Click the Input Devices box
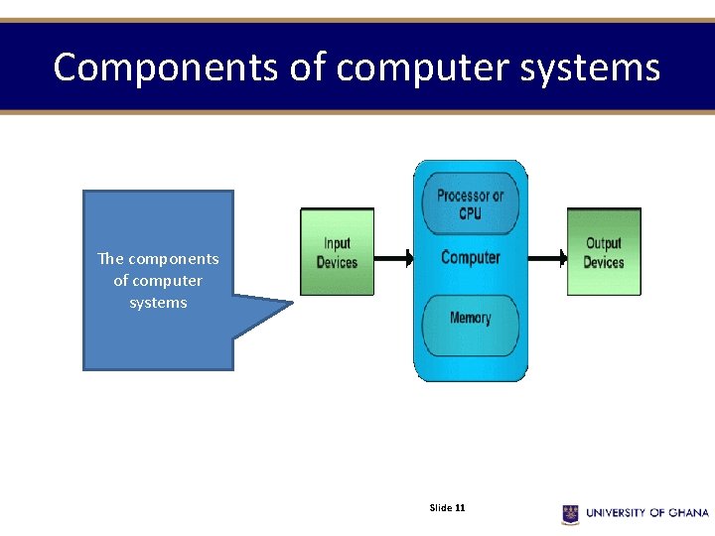point(337,252)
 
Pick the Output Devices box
point(604,252)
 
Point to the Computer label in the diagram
point(470,258)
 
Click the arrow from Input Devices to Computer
point(393,259)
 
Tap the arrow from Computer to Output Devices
point(546,259)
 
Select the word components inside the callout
point(173,259)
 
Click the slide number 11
point(460,508)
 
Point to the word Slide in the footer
point(440,508)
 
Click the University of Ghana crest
point(570,513)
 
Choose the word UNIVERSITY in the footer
point(616,513)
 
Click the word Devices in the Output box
point(604,263)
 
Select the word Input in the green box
point(337,243)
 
